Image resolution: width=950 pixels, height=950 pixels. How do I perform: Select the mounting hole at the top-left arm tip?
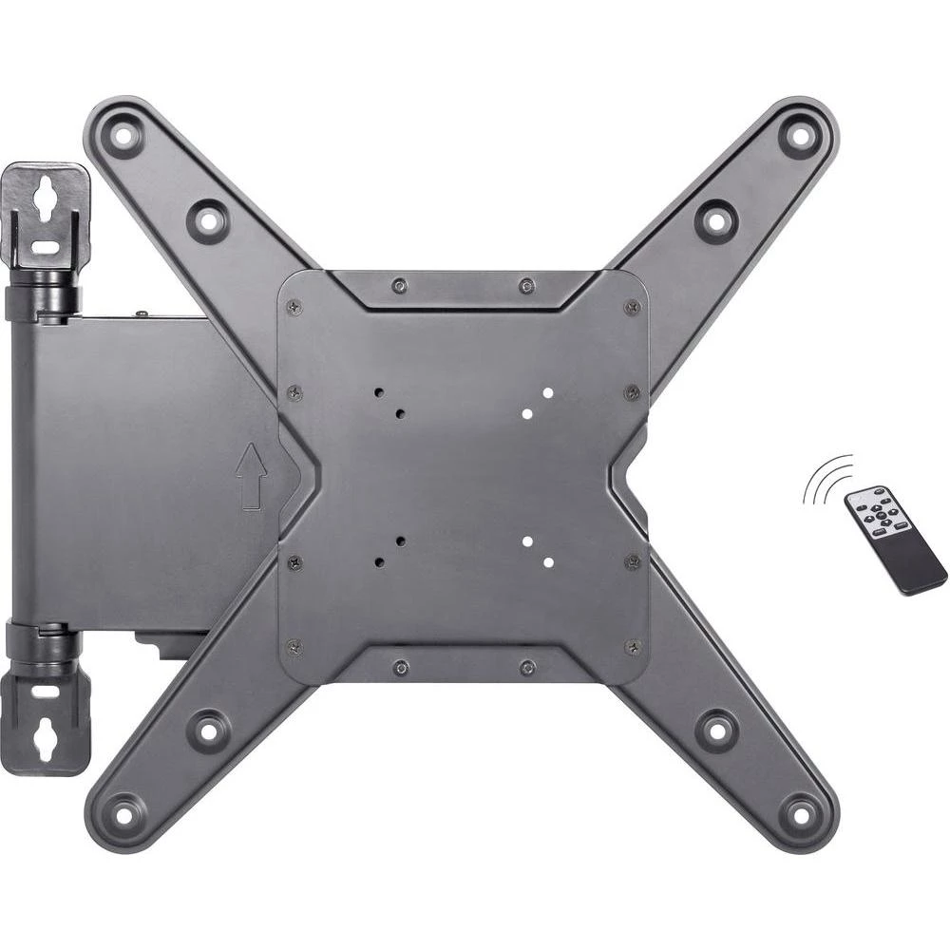pyautogui.click(x=123, y=136)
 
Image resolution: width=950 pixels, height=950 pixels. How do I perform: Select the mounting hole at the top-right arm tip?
pyautogui.click(x=799, y=136)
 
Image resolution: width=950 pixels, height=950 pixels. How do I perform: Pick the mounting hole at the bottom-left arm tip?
pyautogui.click(x=123, y=813)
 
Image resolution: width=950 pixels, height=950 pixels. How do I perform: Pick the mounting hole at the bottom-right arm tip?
pyautogui.click(x=799, y=813)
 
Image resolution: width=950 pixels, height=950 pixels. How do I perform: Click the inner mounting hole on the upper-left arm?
pyautogui.click(x=207, y=220)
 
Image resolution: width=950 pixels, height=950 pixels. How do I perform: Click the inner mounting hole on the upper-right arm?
pyautogui.click(x=715, y=220)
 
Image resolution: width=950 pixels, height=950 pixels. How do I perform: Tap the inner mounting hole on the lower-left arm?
pyautogui.click(x=207, y=730)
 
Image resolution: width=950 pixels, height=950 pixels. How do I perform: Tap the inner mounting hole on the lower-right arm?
pyautogui.click(x=715, y=730)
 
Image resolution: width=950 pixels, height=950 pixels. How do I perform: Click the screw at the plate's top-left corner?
pyautogui.click(x=294, y=306)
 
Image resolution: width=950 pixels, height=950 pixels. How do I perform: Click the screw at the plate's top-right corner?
pyautogui.click(x=632, y=306)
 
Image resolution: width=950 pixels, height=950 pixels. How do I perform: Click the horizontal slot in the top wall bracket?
pyautogui.click(x=45, y=247)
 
